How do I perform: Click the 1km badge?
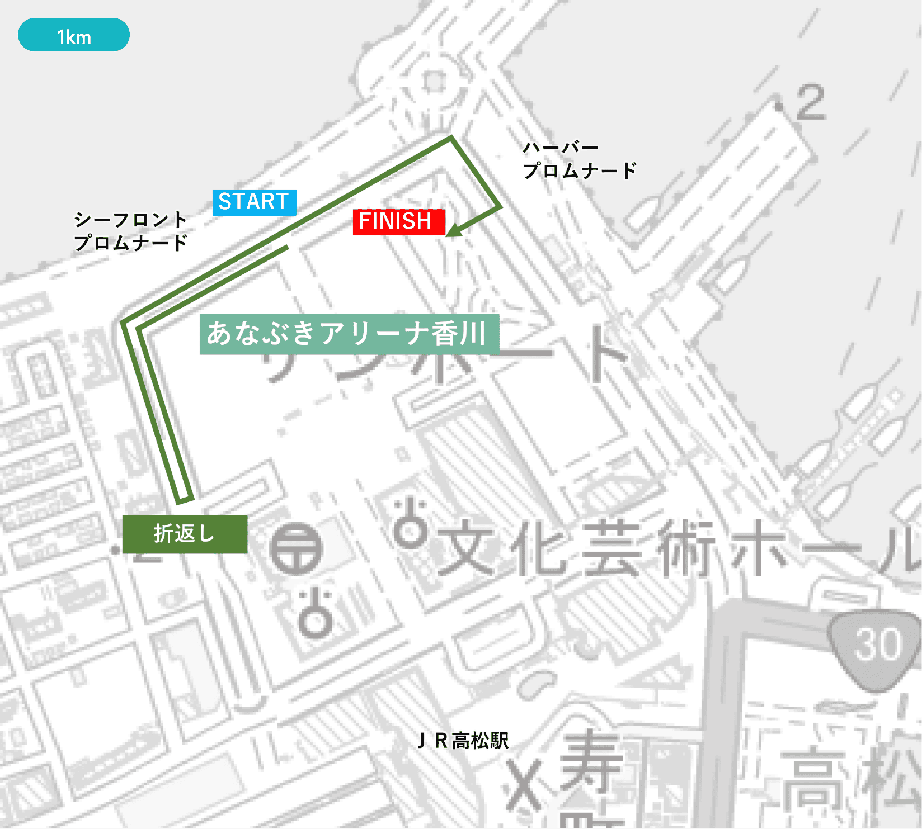tap(74, 35)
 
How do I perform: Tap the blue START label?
tap(254, 202)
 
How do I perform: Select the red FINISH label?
tap(398, 221)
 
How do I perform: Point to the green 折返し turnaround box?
tap(185, 534)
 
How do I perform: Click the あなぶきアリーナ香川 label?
tap(349, 334)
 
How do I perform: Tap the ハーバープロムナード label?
tap(578, 160)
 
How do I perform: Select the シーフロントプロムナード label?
tap(130, 231)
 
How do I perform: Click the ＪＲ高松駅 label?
tap(463, 741)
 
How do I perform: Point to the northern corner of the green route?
tap(451, 138)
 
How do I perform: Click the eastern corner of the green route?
tap(499, 207)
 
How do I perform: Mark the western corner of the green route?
tap(123, 323)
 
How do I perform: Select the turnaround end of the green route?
tap(185, 499)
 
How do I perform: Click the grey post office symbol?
tap(296, 549)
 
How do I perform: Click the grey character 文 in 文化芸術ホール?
tap(466, 549)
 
